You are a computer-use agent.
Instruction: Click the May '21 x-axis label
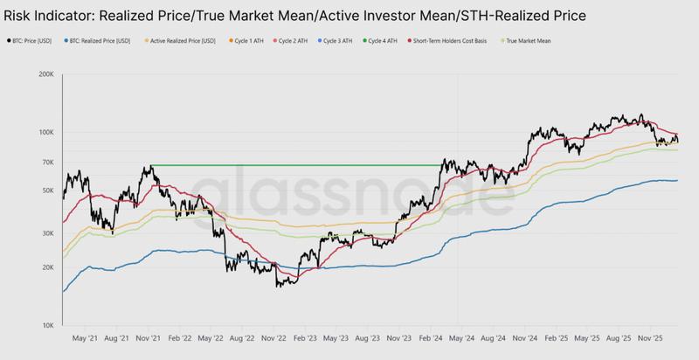coord(85,336)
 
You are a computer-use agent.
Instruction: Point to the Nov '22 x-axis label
coord(274,336)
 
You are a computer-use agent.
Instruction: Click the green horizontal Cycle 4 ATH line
coord(297,165)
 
